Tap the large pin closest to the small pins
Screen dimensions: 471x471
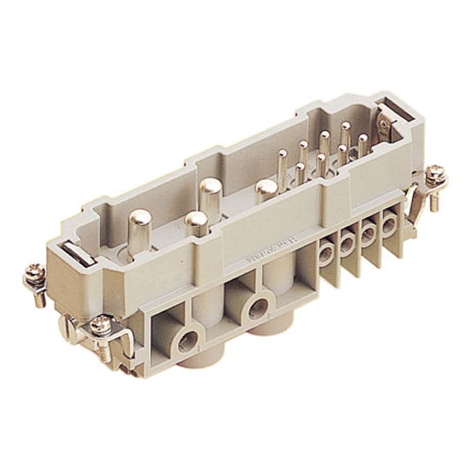point(266,190)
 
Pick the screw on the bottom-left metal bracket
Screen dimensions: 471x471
point(99,324)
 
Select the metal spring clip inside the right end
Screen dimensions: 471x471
point(386,127)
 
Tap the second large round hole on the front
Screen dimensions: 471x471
point(257,307)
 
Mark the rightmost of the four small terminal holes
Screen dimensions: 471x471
point(389,224)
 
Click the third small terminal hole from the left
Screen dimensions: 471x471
point(368,234)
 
